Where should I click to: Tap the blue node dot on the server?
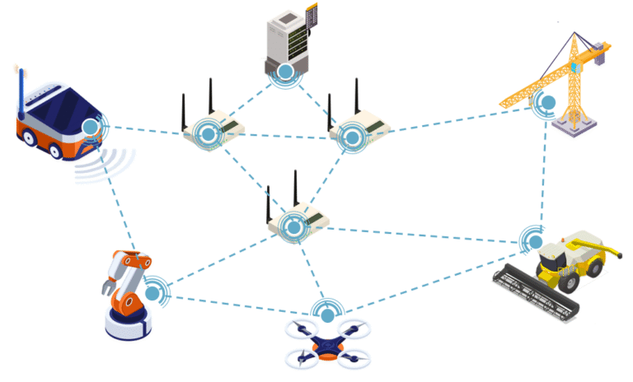(285, 72)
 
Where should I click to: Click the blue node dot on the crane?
(547, 104)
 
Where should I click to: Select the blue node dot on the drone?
(328, 315)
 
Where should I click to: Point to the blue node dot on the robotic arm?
(152, 293)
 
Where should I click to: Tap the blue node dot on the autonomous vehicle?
(90, 127)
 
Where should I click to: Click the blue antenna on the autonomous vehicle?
(21, 86)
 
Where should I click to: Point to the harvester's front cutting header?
(536, 292)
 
